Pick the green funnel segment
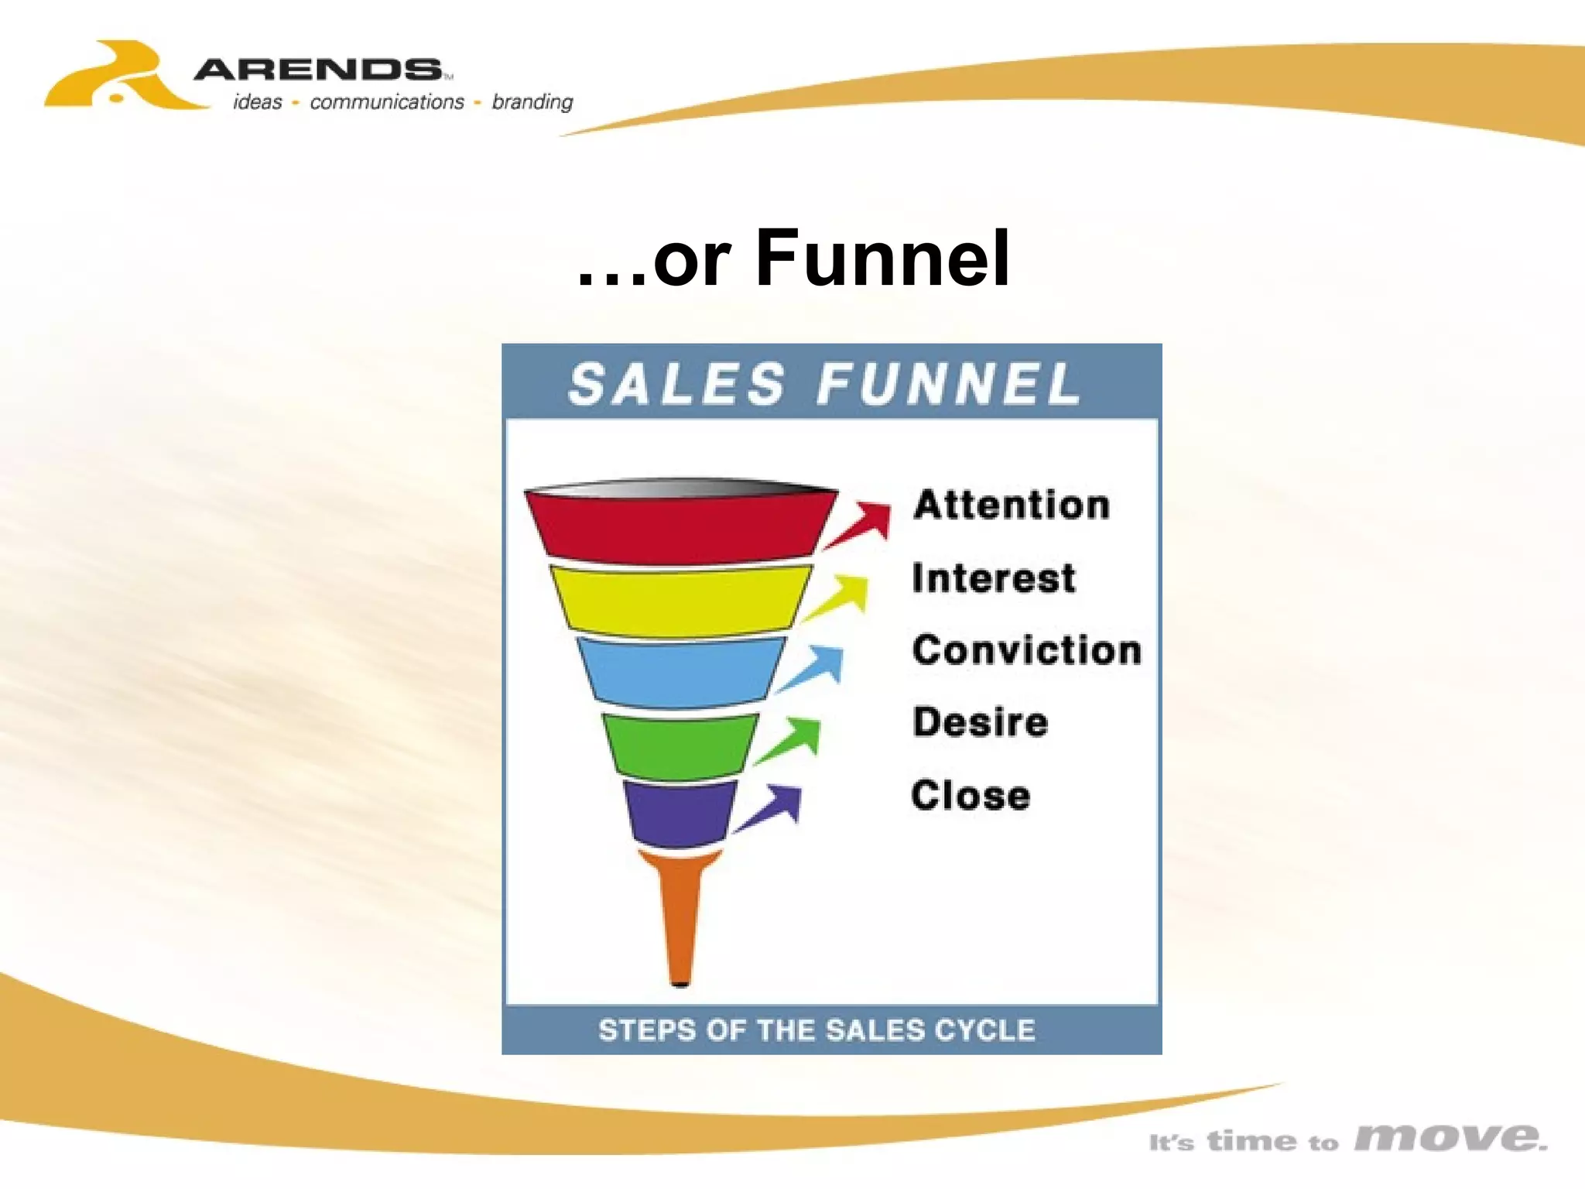tap(680, 745)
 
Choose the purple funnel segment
tap(680, 812)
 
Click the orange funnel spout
tap(680, 913)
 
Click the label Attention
tap(1012, 505)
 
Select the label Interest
tap(994, 578)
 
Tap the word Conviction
tap(1027, 649)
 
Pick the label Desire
tap(980, 721)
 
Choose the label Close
tap(971, 795)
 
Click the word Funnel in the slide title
tap(882, 257)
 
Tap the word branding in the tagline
tap(532, 102)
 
